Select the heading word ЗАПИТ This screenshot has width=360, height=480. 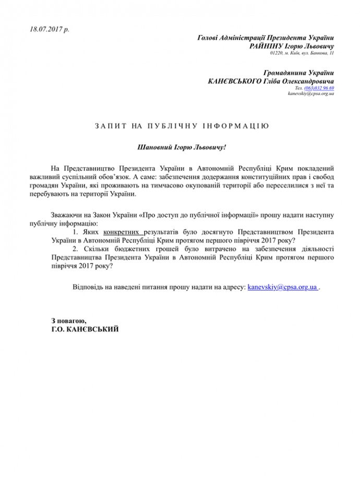click(103, 126)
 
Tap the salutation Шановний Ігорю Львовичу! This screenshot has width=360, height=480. click(181, 148)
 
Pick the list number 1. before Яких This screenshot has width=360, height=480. click(76, 231)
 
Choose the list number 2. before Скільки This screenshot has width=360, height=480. click(76, 249)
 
